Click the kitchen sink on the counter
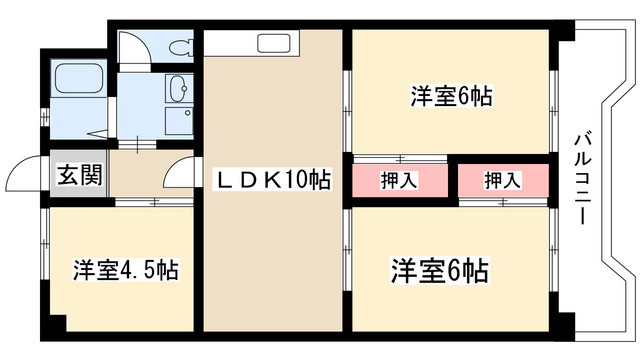273,44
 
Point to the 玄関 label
77,176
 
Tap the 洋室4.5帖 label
125,270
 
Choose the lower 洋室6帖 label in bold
439,270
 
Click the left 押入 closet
399,180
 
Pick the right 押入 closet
502,180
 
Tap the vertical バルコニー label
583,179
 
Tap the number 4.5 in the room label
138,270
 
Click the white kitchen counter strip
246,43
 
